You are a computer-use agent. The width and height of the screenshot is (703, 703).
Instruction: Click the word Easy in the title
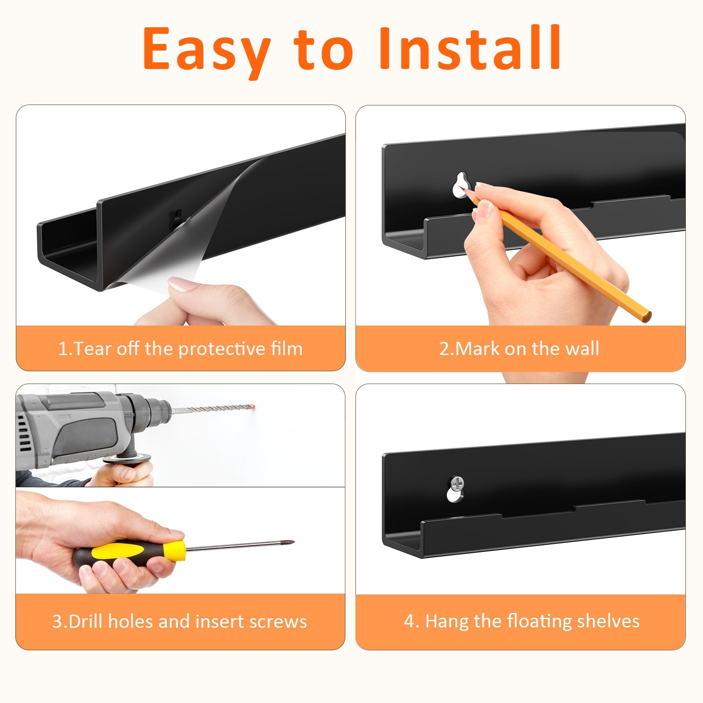(x=206, y=51)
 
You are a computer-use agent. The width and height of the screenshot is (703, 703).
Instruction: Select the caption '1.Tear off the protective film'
(x=180, y=348)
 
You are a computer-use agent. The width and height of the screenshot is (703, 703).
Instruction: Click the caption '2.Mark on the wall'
(x=519, y=348)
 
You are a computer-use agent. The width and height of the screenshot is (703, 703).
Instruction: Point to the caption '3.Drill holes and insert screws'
(x=180, y=621)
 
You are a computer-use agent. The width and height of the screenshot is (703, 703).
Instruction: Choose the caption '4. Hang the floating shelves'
(x=522, y=621)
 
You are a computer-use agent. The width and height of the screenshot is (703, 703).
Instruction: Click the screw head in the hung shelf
(x=457, y=483)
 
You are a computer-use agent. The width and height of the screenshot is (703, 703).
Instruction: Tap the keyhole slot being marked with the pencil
(x=461, y=185)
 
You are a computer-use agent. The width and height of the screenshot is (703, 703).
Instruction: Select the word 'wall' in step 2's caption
(x=582, y=348)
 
